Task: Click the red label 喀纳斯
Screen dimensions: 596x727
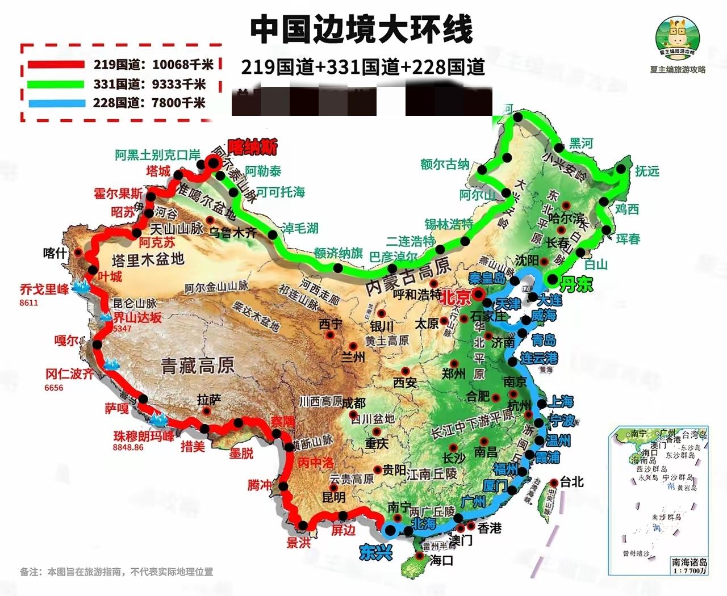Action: [x=253, y=148]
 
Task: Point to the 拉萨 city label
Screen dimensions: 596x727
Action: [x=208, y=400]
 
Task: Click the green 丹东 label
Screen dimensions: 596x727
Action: [x=576, y=284]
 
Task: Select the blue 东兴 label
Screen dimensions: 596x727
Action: [x=376, y=551]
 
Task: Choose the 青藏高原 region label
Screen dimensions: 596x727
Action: [x=197, y=365]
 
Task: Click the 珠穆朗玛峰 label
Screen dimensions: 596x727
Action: [x=144, y=436]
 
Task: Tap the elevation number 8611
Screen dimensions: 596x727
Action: [x=28, y=303]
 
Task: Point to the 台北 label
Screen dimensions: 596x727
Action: [x=571, y=482]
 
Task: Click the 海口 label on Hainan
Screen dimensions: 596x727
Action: [x=441, y=561]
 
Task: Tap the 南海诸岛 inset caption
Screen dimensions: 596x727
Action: [x=690, y=562]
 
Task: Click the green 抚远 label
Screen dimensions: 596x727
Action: [x=647, y=171]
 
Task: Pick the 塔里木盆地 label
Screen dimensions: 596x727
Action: [x=148, y=260]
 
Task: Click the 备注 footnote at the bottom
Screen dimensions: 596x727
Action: [x=116, y=572]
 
